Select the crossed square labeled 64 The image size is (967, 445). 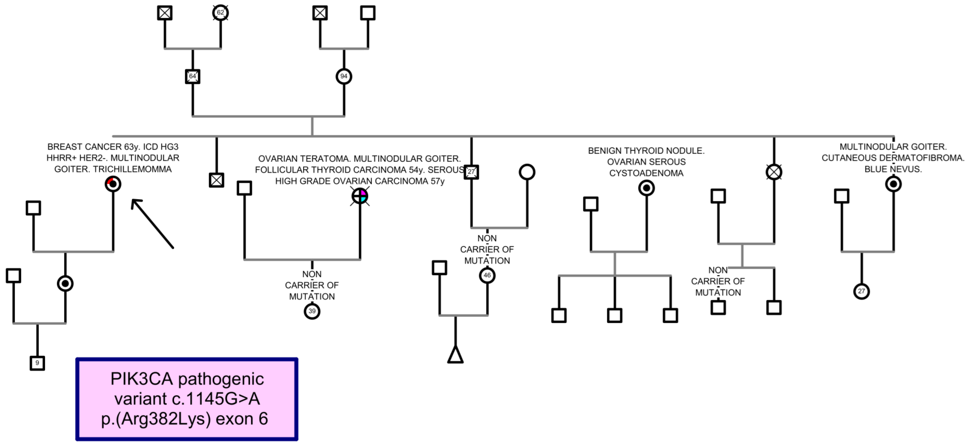click(192, 76)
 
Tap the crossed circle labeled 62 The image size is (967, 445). click(220, 13)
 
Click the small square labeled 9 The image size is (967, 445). click(37, 363)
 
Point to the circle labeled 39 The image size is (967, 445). click(312, 311)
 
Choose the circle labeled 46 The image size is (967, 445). click(487, 275)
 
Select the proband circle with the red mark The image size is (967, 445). click(113, 184)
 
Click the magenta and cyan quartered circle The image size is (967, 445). click(360, 196)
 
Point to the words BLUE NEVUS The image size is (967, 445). click(893, 169)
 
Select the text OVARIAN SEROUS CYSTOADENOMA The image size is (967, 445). click(646, 167)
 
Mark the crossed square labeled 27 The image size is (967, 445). click(471, 172)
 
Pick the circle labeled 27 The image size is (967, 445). click(861, 291)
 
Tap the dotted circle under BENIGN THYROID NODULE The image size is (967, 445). click(646, 188)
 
